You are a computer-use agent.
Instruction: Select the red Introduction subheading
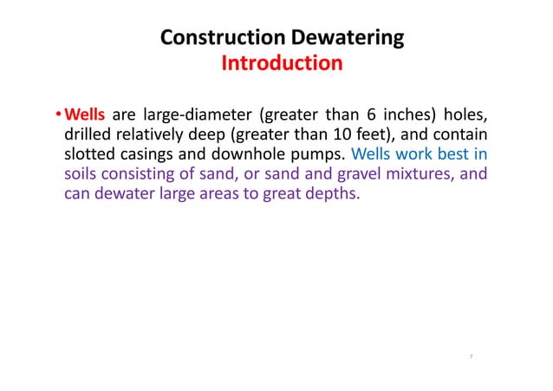[x=282, y=64]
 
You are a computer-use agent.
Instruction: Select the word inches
[x=409, y=115]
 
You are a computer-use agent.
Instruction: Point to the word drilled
[x=89, y=135]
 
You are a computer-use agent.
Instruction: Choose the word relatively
[x=158, y=135]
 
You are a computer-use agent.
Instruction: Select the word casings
[x=150, y=155]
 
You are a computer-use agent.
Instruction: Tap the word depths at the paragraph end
[x=329, y=194]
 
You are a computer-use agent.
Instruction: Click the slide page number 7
[x=470, y=355]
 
